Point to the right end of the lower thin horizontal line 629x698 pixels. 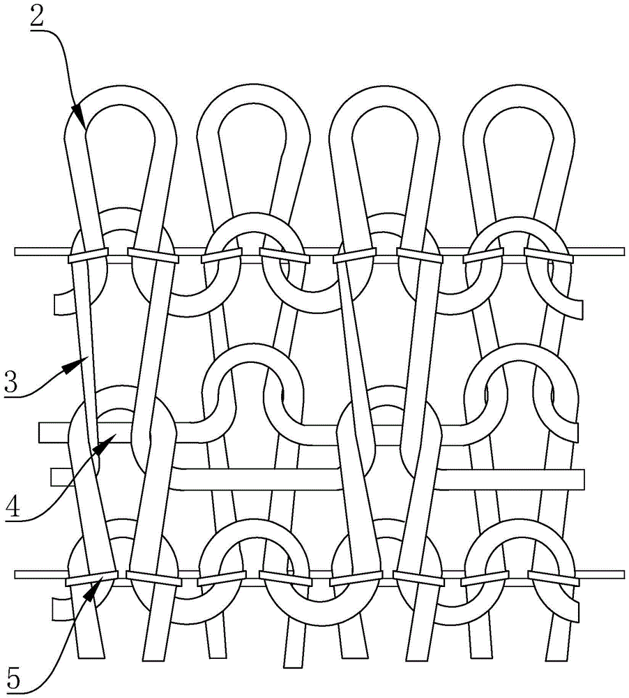[x=622, y=574]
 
